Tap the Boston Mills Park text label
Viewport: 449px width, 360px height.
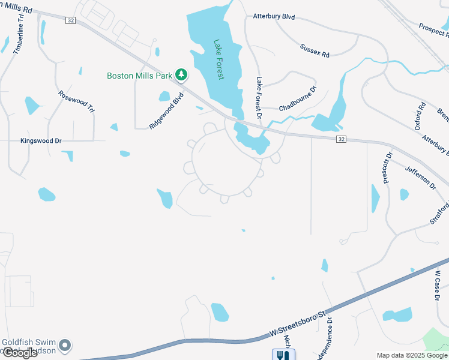[139, 76]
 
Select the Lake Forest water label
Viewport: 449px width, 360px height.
[218, 60]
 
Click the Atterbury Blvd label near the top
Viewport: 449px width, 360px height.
[274, 17]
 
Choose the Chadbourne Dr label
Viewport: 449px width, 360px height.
[298, 99]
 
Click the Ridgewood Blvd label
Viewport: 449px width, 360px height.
[166, 110]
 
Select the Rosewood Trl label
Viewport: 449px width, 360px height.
[77, 102]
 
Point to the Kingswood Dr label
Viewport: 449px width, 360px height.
[41, 141]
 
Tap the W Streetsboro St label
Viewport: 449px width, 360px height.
[299, 323]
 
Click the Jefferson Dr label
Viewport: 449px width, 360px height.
[421, 178]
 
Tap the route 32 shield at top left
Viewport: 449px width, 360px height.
[71, 20]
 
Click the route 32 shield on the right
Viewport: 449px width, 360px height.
[341, 139]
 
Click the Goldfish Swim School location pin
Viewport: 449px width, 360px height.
[65, 346]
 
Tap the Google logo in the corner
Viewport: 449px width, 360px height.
[19, 353]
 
